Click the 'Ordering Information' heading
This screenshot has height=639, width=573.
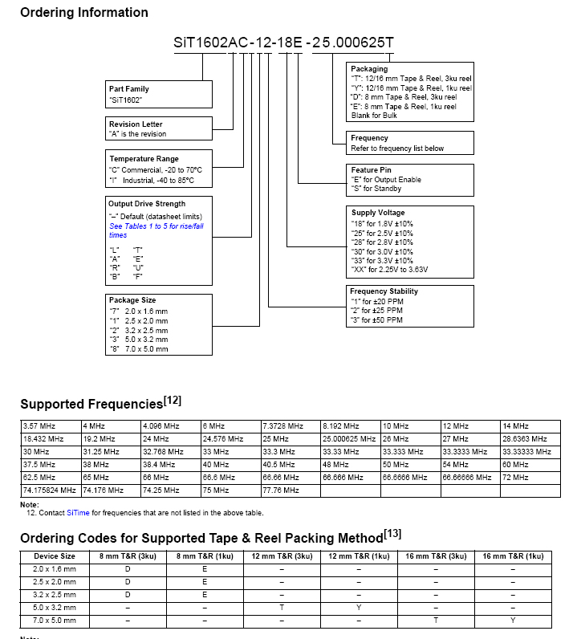[83, 13]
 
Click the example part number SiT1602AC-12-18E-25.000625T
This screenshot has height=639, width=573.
[283, 43]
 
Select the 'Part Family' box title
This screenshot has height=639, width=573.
[128, 89]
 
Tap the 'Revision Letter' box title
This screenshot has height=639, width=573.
[136, 124]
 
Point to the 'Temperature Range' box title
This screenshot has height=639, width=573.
[144, 159]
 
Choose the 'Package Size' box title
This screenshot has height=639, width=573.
[132, 300]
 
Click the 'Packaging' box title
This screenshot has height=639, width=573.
[369, 69]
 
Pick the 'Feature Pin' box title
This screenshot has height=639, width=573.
[372, 170]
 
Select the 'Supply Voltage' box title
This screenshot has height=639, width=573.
[377, 213]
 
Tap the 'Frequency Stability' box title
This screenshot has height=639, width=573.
[384, 291]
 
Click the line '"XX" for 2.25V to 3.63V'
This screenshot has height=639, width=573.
[389, 270]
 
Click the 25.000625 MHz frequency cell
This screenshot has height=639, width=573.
[349, 439]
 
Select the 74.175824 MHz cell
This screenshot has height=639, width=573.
[51, 490]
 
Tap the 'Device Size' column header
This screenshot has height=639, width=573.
[55, 556]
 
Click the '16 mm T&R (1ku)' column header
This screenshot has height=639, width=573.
[513, 556]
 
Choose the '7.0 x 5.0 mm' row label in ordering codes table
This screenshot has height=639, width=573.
[55, 621]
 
